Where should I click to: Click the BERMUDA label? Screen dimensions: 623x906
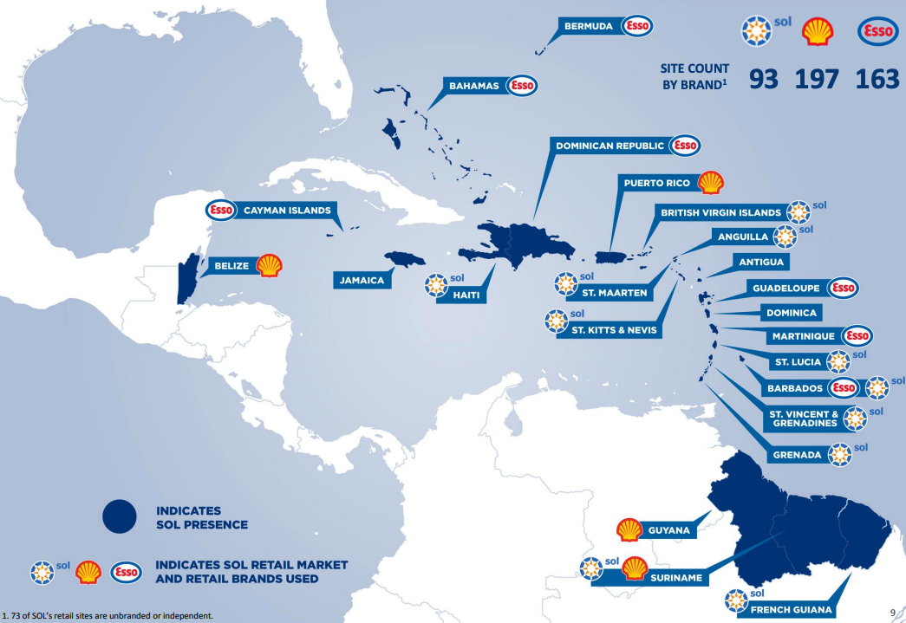tap(589, 27)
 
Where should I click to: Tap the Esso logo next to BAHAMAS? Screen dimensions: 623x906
tap(523, 86)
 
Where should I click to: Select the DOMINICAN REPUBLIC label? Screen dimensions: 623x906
tap(610, 146)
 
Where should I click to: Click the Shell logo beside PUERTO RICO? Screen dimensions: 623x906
tap(710, 183)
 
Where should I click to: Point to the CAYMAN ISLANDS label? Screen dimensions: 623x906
tap(286, 211)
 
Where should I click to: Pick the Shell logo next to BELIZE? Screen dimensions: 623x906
tap(269, 266)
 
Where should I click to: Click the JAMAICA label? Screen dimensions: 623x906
tap(362, 280)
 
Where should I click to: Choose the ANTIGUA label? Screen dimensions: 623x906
tap(761, 262)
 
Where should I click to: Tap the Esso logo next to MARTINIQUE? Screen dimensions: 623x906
tap(857, 335)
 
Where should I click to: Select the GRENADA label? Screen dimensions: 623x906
tap(796, 455)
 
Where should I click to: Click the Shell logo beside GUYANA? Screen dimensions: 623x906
tap(629, 530)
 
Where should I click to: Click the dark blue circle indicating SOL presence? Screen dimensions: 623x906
tap(120, 516)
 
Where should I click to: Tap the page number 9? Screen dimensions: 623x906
tap(893, 613)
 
